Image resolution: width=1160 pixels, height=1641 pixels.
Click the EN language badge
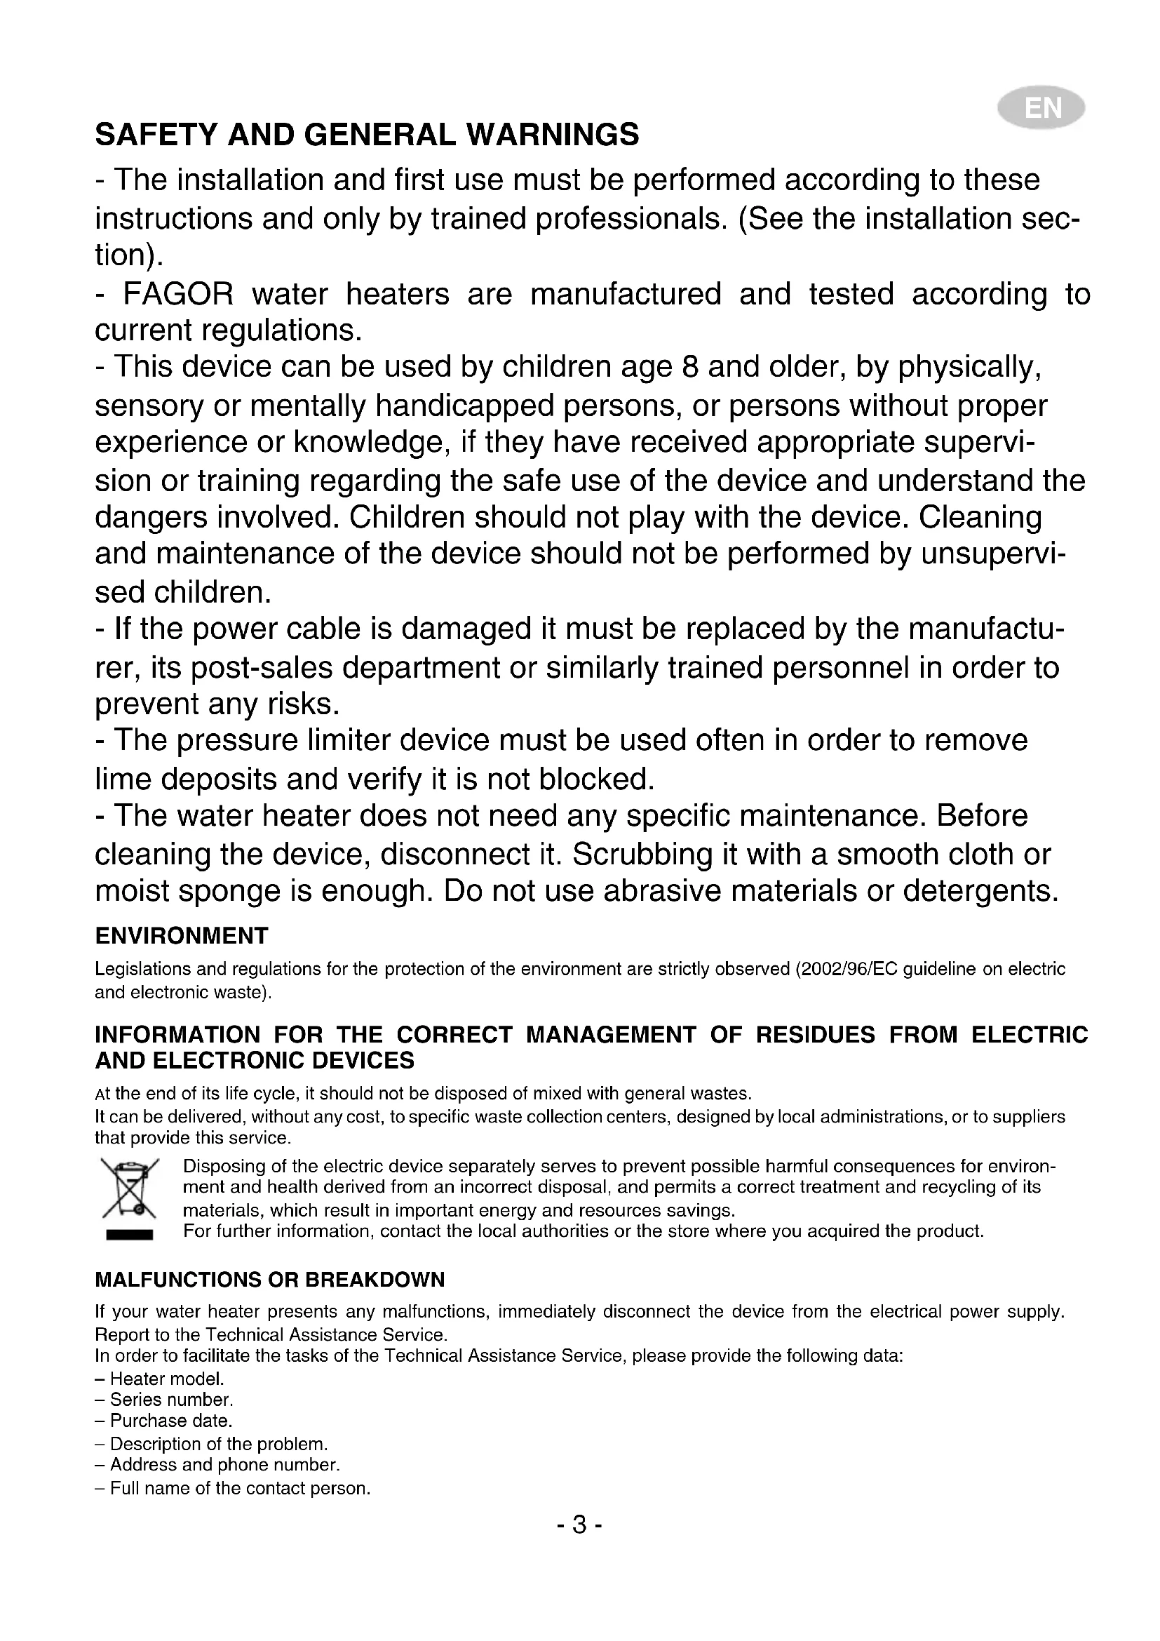click(x=1042, y=109)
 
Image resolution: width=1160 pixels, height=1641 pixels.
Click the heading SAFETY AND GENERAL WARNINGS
click(x=367, y=135)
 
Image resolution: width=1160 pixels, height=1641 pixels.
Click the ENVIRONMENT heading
click(x=182, y=936)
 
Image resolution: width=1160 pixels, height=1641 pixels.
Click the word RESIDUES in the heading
click(x=815, y=1035)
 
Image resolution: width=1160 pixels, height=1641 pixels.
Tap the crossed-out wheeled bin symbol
click(x=129, y=1187)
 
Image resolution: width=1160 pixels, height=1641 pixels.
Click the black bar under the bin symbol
click(x=129, y=1234)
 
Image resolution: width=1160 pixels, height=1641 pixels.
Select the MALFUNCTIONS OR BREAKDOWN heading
click(x=270, y=1280)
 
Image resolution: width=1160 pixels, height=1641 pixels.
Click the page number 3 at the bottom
click(x=579, y=1525)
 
